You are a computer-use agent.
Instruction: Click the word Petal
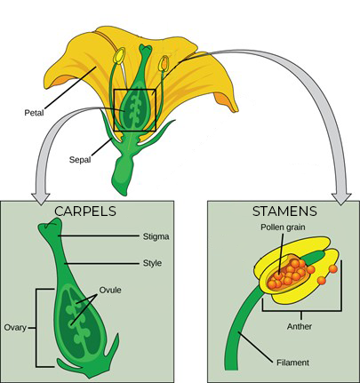(x=34, y=113)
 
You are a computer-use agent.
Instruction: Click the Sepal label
(x=80, y=160)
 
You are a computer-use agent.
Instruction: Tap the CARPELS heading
(x=85, y=211)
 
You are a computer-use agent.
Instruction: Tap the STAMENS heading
(x=284, y=211)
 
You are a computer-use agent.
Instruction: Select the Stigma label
(x=156, y=236)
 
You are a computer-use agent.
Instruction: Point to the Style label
(x=152, y=263)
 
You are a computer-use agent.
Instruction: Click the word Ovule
(x=110, y=290)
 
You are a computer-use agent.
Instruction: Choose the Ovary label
(x=15, y=328)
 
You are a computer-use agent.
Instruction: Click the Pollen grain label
(x=283, y=227)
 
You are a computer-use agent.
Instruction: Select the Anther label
(x=300, y=326)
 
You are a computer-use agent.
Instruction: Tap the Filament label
(x=292, y=363)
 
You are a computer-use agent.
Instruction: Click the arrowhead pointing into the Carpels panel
(x=41, y=198)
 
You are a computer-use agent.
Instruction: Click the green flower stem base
(x=123, y=175)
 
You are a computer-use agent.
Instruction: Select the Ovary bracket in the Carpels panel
(x=36, y=328)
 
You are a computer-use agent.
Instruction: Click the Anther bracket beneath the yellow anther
(x=301, y=311)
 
